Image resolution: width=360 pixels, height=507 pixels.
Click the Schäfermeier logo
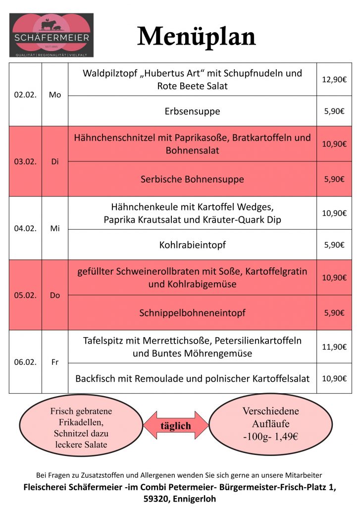[x=51, y=35]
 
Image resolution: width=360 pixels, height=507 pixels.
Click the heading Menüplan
[x=196, y=36]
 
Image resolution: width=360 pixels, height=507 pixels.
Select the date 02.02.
[x=25, y=95]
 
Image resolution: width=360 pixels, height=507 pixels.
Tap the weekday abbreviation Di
[x=55, y=161]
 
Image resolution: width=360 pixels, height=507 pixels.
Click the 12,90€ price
[x=334, y=79]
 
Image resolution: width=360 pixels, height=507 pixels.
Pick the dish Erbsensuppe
[x=192, y=111]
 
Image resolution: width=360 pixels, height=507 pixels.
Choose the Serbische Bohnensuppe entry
[x=192, y=179]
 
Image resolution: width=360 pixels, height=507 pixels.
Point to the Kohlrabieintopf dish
[x=192, y=245]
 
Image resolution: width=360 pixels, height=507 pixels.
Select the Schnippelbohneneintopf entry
[x=192, y=313]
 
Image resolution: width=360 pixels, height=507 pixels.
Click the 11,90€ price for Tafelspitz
[x=334, y=347]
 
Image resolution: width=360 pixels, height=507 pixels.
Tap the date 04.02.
[x=25, y=228]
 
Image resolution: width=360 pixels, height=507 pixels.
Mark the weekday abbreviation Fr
[x=55, y=362]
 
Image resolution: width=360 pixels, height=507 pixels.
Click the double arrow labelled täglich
[x=176, y=425]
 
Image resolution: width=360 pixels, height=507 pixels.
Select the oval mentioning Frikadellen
[x=81, y=428]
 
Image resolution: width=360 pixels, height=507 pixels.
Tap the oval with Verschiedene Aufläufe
[x=271, y=424]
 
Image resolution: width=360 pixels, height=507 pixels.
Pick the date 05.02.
[x=25, y=295]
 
